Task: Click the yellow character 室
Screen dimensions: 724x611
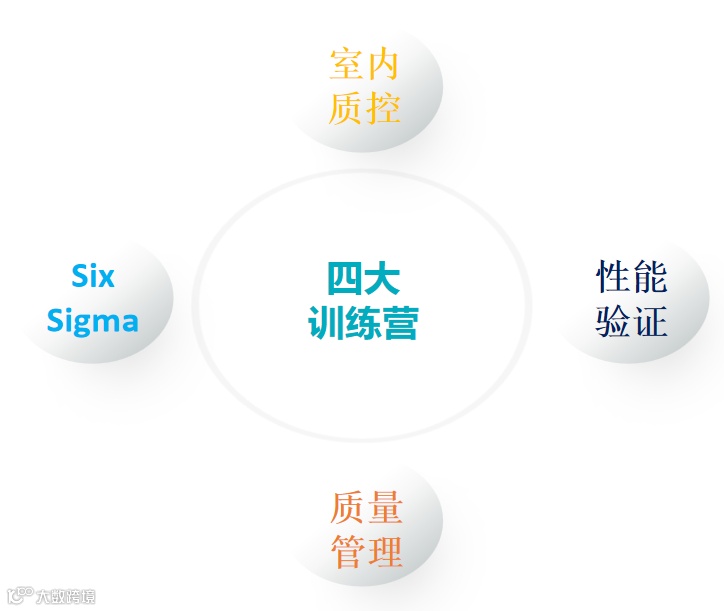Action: (x=346, y=64)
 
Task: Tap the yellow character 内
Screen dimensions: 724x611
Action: (x=383, y=64)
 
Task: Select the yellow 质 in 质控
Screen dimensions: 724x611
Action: (x=346, y=107)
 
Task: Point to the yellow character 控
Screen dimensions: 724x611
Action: (x=383, y=107)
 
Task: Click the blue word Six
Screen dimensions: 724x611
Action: (x=93, y=276)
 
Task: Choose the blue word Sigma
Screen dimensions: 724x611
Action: (x=93, y=321)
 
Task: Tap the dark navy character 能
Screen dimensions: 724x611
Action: (x=650, y=277)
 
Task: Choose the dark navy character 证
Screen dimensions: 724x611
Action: (x=650, y=321)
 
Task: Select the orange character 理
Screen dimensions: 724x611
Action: (x=385, y=552)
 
